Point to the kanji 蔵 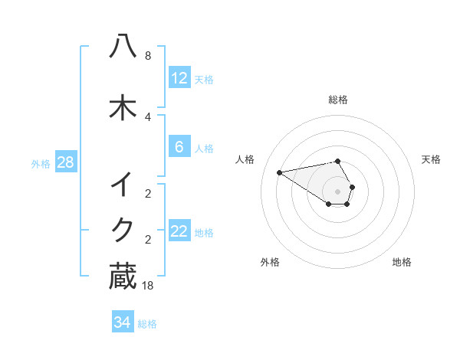click(123, 277)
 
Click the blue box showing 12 click(179, 78)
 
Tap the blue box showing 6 click(179, 147)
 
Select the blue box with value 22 click(179, 231)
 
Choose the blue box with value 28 click(65, 162)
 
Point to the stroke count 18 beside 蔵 click(148, 286)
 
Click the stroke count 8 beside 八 click(148, 56)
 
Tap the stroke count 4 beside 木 click(148, 116)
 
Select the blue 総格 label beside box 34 click(147, 324)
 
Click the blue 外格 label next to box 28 click(41, 163)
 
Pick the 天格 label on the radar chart click(432, 159)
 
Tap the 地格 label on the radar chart click(402, 262)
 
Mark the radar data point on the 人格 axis click(280, 172)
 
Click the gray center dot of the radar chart click(337, 191)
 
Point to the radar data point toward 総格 click(337, 162)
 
